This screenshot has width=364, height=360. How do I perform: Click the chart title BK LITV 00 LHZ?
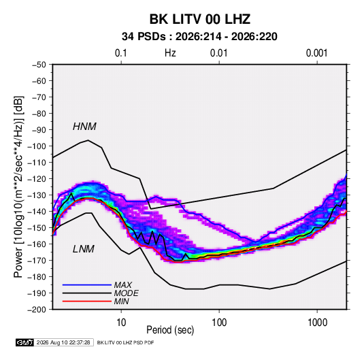[200, 19]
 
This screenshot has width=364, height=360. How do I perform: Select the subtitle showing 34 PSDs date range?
[199, 37]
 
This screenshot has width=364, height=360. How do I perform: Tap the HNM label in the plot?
[84, 127]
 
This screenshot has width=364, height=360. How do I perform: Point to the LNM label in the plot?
[84, 249]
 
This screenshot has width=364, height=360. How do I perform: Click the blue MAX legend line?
[87, 285]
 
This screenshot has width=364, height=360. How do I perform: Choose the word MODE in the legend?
[127, 293]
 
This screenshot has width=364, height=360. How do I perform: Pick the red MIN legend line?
[87, 301]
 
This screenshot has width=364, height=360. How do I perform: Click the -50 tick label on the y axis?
[39, 65]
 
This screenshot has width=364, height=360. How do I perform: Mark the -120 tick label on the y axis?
[37, 179]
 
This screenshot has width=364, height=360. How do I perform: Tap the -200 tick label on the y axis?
[37, 310]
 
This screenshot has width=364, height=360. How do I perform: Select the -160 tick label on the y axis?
[37, 244]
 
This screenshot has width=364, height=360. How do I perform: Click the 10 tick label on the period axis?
[121, 323]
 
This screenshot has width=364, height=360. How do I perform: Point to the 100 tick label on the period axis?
[219, 323]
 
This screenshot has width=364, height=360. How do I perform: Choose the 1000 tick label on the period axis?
[317, 323]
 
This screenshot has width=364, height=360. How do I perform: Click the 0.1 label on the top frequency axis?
[121, 53]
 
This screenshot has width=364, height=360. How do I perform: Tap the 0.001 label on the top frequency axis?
[317, 53]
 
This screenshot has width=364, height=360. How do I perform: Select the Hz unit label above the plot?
[170, 53]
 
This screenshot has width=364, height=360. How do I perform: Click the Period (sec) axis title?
[170, 330]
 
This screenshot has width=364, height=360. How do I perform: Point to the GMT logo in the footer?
[25, 342]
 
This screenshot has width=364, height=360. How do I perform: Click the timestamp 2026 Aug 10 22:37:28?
[63, 342]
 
